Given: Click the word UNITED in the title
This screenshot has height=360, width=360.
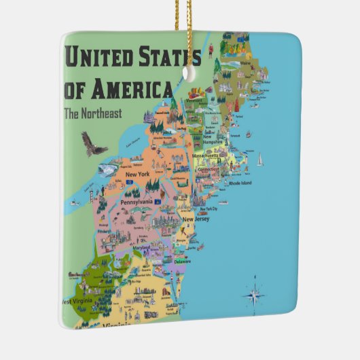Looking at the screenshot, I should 101,58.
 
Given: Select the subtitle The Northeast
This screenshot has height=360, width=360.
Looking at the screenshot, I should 92,113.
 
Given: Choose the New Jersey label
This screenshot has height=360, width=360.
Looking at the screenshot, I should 196,219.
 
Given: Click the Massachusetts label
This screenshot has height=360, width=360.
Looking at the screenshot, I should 215,156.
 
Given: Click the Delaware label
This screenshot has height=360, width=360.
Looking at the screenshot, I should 183,260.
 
